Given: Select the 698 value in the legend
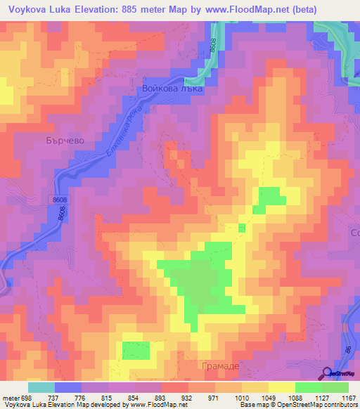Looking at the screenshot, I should click(x=27, y=398).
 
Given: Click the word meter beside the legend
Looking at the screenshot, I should click(x=10, y=398).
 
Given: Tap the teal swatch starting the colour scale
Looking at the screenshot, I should click(x=41, y=387).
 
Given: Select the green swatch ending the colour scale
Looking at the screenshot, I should click(x=335, y=387).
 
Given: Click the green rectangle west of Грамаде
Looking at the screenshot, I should click(x=136, y=351).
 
